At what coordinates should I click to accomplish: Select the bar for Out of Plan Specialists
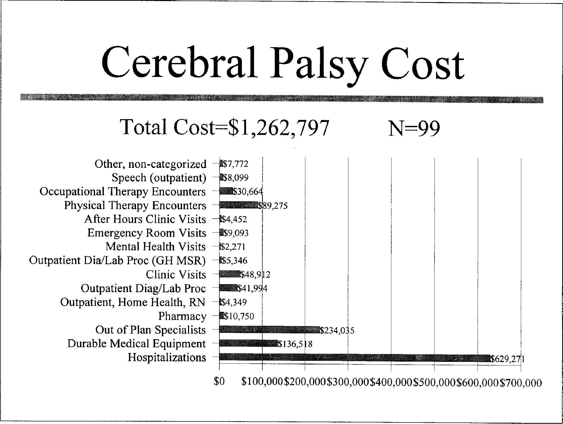pyautogui.click(x=269, y=330)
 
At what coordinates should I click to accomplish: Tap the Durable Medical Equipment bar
pyautogui.click(x=248, y=344)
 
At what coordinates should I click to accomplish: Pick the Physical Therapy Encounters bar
pyautogui.click(x=238, y=205)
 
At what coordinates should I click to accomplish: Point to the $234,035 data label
pyautogui.click(x=337, y=331)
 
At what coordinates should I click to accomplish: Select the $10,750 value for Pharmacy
pyautogui.click(x=239, y=316)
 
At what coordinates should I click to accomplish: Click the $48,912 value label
pyautogui.click(x=255, y=275)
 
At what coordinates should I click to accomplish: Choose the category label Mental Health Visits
pyautogui.click(x=156, y=247)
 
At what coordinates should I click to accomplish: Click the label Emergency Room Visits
pyautogui.click(x=147, y=233)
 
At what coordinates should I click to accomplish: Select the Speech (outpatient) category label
pyautogui.click(x=159, y=178)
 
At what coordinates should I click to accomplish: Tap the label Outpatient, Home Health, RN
pyautogui.click(x=133, y=302)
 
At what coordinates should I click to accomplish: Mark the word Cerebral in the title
pyautogui.click(x=180, y=63)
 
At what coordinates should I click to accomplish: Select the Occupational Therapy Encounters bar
pyautogui.click(x=226, y=192)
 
